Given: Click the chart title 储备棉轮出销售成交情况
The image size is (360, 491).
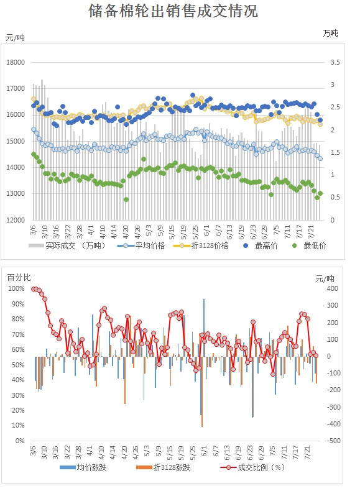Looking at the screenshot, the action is click(x=173, y=11).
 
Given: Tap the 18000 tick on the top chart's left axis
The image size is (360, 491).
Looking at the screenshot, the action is click(x=16, y=62).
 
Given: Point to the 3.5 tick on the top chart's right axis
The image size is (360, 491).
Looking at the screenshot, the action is click(x=335, y=62).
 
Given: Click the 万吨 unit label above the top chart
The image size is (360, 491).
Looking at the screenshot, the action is click(x=330, y=33).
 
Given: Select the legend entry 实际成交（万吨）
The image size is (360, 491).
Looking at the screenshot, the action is click(x=67, y=245).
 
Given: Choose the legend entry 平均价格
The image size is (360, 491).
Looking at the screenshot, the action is click(x=141, y=245).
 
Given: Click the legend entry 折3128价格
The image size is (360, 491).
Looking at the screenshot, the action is click(x=201, y=245).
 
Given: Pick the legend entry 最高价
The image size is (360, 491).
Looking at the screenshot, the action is click(x=261, y=245).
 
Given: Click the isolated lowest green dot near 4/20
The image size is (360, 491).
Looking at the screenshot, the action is click(x=126, y=200).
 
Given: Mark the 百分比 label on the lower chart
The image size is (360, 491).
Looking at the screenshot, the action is click(x=19, y=277).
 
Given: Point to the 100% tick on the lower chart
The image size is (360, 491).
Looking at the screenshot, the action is click(x=16, y=288).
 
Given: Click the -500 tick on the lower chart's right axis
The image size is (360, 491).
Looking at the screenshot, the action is click(x=333, y=441).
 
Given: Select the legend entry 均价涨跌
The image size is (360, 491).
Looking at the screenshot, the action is click(x=83, y=467).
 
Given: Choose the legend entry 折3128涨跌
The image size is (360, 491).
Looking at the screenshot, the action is click(x=164, y=467).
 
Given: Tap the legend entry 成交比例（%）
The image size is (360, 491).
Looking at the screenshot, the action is click(x=252, y=467).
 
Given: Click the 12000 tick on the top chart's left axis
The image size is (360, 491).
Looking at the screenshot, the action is click(x=16, y=220).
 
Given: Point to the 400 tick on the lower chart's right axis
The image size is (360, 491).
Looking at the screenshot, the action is click(x=333, y=288).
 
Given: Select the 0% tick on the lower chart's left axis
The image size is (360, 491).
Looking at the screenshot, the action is click(x=20, y=441).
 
